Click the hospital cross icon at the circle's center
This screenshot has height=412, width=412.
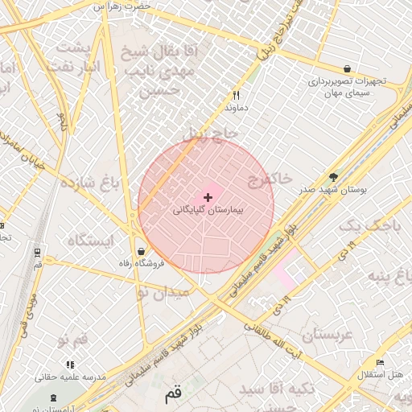point(208,196)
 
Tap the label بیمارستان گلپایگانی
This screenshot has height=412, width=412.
point(208,209)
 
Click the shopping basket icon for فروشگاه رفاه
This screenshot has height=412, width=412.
point(142,251)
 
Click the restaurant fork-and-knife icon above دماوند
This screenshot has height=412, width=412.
point(236,95)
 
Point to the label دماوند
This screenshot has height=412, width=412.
point(236,107)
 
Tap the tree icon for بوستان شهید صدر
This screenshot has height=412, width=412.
point(334,178)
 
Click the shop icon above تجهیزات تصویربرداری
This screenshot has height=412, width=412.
point(347,69)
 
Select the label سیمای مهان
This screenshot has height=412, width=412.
point(347,93)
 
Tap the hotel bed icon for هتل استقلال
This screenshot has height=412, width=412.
point(381,363)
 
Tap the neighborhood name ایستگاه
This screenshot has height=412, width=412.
point(90,240)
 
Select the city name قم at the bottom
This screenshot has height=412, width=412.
point(173,395)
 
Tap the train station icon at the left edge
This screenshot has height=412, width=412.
point(38,252)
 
